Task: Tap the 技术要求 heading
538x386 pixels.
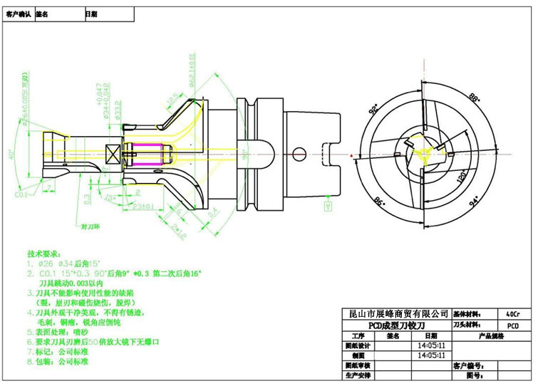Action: coord(46,253)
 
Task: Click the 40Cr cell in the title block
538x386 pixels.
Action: coord(511,313)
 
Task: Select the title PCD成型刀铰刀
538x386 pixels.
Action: coord(395,325)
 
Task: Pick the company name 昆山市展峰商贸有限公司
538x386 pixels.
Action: coord(395,314)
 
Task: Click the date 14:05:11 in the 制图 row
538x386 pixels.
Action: coord(428,354)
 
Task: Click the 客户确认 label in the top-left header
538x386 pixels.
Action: coord(17,14)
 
